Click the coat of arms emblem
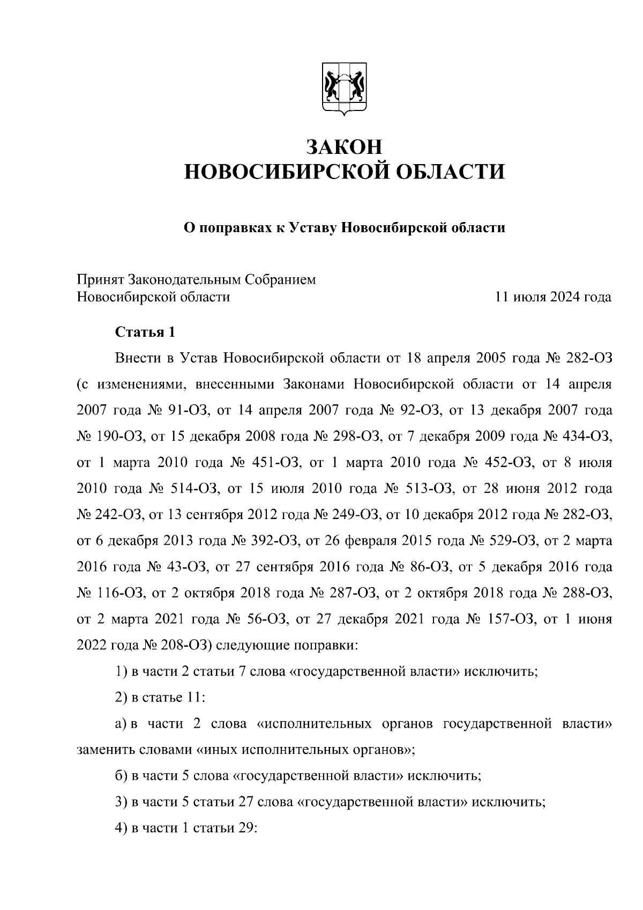tap(345, 89)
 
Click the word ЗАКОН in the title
tap(345, 146)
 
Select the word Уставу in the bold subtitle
tap(312, 228)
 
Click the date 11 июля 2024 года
tap(554, 297)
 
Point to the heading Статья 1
tap(145, 332)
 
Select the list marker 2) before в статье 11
tap(121, 698)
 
